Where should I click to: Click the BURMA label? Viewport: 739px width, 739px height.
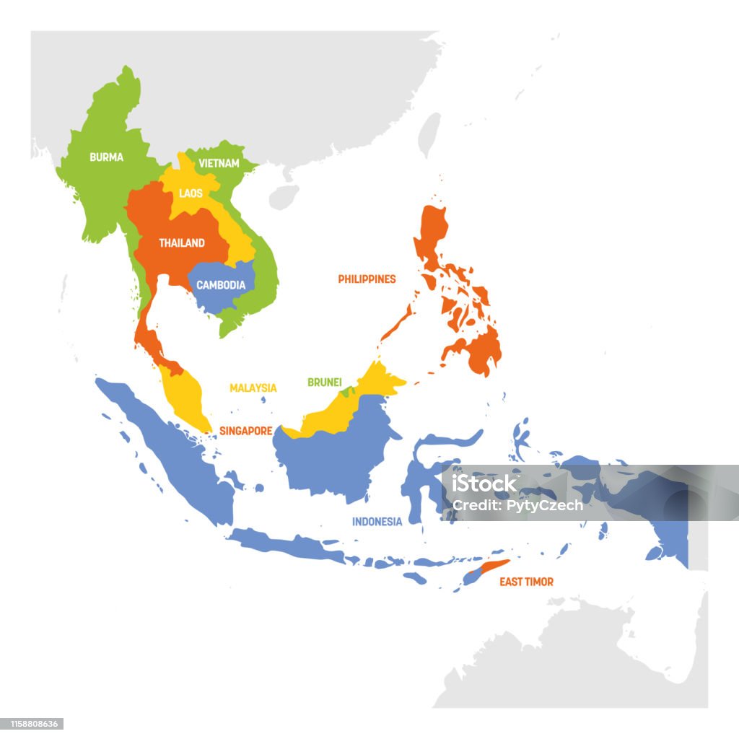[106, 157]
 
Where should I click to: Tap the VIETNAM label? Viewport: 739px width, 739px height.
[219, 164]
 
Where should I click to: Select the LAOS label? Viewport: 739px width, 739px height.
[191, 193]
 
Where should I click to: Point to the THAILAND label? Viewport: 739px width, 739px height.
[182, 243]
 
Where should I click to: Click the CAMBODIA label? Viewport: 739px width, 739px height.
[221, 285]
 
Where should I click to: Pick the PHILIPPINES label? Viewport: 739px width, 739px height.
[367, 279]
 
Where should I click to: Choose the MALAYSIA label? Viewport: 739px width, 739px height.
[253, 388]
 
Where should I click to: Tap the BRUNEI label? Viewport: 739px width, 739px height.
[324, 382]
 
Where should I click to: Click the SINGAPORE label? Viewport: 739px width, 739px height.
[245, 431]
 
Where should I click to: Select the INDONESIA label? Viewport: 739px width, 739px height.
[377, 521]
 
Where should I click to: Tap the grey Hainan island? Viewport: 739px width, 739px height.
[284, 196]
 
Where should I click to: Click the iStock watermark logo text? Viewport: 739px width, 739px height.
[485, 484]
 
